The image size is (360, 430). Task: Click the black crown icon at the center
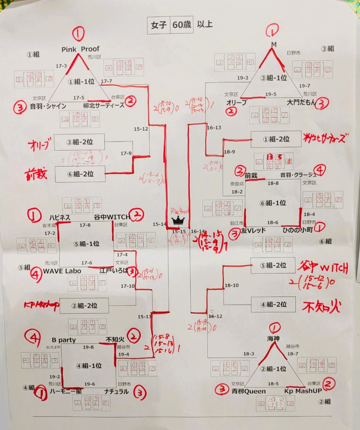pyautogui.click(x=178, y=221)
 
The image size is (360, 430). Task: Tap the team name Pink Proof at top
pyautogui.click(x=80, y=49)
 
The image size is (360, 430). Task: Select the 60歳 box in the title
pyautogui.click(x=182, y=25)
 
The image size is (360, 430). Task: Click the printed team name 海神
pyautogui.click(x=274, y=338)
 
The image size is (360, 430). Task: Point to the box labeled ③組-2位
pyautogui.click(x=80, y=142)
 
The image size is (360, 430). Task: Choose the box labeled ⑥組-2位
pyautogui.click(x=80, y=174)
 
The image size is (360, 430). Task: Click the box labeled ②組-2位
pyautogui.click(x=84, y=306)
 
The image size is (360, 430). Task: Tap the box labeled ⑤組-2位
pyautogui.click(x=273, y=265)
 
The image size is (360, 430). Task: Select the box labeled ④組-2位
pyautogui.click(x=273, y=304)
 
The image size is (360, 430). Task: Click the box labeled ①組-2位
pyautogui.click(x=276, y=139)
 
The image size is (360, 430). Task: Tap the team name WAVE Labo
pyautogui.click(x=62, y=271)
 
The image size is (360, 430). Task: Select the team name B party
pyautogui.click(x=64, y=340)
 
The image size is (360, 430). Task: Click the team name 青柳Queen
pyautogui.click(x=249, y=391)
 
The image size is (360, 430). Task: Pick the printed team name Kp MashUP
pyautogui.click(x=303, y=391)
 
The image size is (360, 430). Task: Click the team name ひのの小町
pyautogui.click(x=297, y=231)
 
